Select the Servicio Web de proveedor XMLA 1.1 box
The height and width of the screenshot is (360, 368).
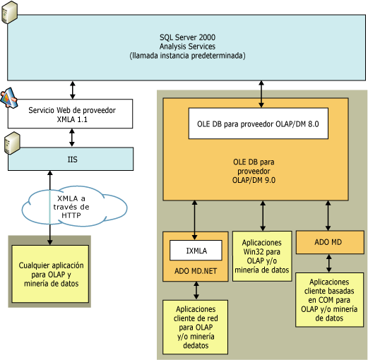pos(71,114)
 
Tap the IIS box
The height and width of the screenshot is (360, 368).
pos(71,160)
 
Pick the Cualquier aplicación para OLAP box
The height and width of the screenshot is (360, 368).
pos(49,275)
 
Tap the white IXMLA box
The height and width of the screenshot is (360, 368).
pos(195,251)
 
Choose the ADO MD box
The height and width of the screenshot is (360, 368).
pos(327,243)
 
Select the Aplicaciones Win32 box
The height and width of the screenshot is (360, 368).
pos(262,256)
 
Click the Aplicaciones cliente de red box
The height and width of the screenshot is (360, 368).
pos(196,326)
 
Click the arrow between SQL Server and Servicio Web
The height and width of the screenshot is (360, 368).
pos(71,89)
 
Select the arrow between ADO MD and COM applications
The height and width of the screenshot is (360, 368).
pos(327,264)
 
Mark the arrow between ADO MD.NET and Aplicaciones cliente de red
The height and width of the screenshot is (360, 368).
pos(196,290)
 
